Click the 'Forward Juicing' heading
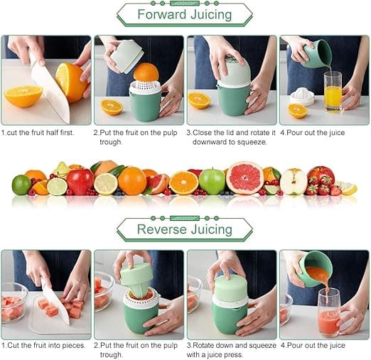pos(185,14)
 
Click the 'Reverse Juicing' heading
pos(185,229)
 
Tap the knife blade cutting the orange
pos(50,91)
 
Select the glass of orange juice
pos(333,92)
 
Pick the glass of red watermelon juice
pos(328,312)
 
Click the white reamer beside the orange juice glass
pos(302,96)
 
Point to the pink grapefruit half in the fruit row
pos(244,178)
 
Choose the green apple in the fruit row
pos(212,182)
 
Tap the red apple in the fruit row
pos(80,180)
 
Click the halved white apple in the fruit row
pos(294,182)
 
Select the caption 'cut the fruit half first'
pos(38,133)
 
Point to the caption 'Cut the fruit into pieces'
pos(43,345)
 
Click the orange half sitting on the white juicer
pos(146,72)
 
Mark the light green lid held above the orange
pos(127,56)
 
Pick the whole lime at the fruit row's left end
pos(21,185)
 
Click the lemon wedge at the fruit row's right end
pos(348,188)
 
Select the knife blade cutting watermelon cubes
pos(55,302)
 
